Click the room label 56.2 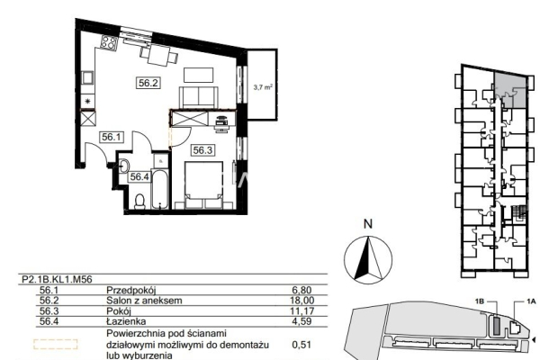pyautogui.click(x=148, y=83)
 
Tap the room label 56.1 pyautogui.click(x=112, y=137)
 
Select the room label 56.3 pyautogui.click(x=202, y=150)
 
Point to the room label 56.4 pyautogui.click(x=139, y=176)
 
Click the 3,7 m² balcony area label pyautogui.click(x=263, y=86)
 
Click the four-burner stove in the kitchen pyautogui.click(x=109, y=42)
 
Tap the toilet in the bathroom pyautogui.click(x=139, y=202)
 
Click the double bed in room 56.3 pyautogui.click(x=204, y=185)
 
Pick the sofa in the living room pyautogui.click(x=199, y=97)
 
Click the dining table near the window pyautogui.click(x=159, y=55)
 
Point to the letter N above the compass pyautogui.click(x=368, y=224)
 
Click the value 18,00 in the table pyautogui.click(x=302, y=301)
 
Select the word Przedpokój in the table pyautogui.click(x=131, y=291)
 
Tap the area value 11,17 pyautogui.click(x=302, y=310)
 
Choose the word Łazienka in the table pyautogui.click(x=126, y=321)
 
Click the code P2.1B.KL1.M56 pyautogui.click(x=57, y=280)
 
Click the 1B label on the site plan pyautogui.click(x=480, y=301)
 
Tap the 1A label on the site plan pyautogui.click(x=531, y=301)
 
